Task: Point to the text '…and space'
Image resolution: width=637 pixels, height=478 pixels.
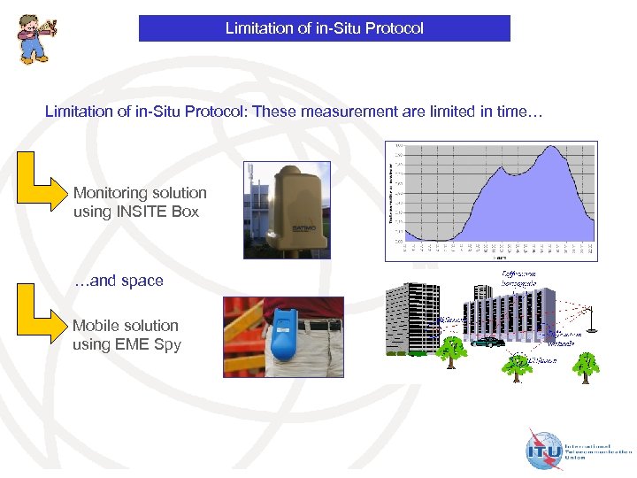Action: click(118, 281)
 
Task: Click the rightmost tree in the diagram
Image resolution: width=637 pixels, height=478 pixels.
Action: click(586, 363)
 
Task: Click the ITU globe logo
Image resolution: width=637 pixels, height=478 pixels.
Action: click(542, 451)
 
